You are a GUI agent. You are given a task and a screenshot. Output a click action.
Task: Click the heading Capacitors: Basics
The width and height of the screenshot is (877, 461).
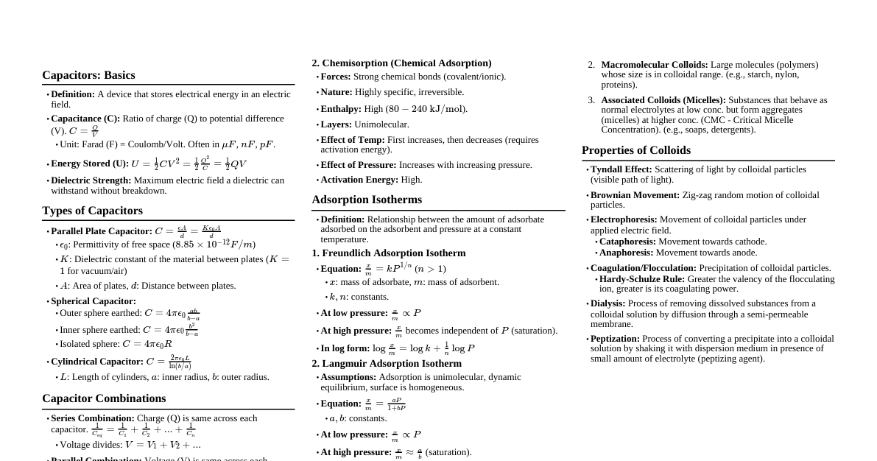pyautogui.click(x=88, y=75)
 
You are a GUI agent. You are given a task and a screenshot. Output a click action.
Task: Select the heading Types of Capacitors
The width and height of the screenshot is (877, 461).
pyautogui.click(x=92, y=211)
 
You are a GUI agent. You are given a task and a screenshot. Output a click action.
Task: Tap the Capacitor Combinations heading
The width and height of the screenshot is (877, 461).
pyautogui.click(x=104, y=398)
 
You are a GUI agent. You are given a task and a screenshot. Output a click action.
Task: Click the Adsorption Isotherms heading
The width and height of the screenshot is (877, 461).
pyautogui.click(x=367, y=200)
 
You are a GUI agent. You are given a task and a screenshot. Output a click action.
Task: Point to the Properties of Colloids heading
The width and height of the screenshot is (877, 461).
pyautogui.click(x=636, y=150)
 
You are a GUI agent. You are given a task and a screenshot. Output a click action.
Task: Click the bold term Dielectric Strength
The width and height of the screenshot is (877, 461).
pyautogui.click(x=91, y=180)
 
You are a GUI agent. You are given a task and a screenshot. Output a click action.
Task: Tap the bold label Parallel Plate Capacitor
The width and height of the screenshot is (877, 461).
pyautogui.click(x=101, y=231)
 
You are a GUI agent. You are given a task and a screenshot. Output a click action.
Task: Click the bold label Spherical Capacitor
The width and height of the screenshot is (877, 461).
pyautogui.click(x=94, y=301)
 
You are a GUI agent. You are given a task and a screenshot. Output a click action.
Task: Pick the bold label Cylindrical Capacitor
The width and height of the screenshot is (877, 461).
pyautogui.click(x=96, y=362)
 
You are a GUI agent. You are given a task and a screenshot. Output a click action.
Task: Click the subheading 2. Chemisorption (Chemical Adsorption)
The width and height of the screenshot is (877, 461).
pyautogui.click(x=401, y=63)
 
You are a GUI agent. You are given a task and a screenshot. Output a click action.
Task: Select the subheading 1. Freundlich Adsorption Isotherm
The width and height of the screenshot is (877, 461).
pyautogui.click(x=389, y=253)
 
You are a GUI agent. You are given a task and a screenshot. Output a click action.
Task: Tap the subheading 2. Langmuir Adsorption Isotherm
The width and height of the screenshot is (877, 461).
pyautogui.click(x=387, y=364)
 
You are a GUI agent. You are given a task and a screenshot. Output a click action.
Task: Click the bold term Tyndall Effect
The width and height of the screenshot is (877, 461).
pyautogui.click(x=621, y=169)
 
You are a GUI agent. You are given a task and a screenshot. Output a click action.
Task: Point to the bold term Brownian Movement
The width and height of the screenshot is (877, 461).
pyautogui.click(x=635, y=195)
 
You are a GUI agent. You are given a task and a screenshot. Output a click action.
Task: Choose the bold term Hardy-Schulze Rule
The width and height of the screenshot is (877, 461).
pyautogui.click(x=641, y=279)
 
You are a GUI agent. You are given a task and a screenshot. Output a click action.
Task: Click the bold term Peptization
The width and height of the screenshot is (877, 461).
pyautogui.click(x=615, y=339)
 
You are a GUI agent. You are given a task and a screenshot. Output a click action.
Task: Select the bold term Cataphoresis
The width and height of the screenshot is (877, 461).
pyautogui.click(x=627, y=242)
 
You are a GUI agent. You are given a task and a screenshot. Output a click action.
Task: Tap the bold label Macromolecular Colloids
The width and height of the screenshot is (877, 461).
pyautogui.click(x=654, y=65)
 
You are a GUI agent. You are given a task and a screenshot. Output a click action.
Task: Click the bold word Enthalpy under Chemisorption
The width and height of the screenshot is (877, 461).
pyautogui.click(x=341, y=109)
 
